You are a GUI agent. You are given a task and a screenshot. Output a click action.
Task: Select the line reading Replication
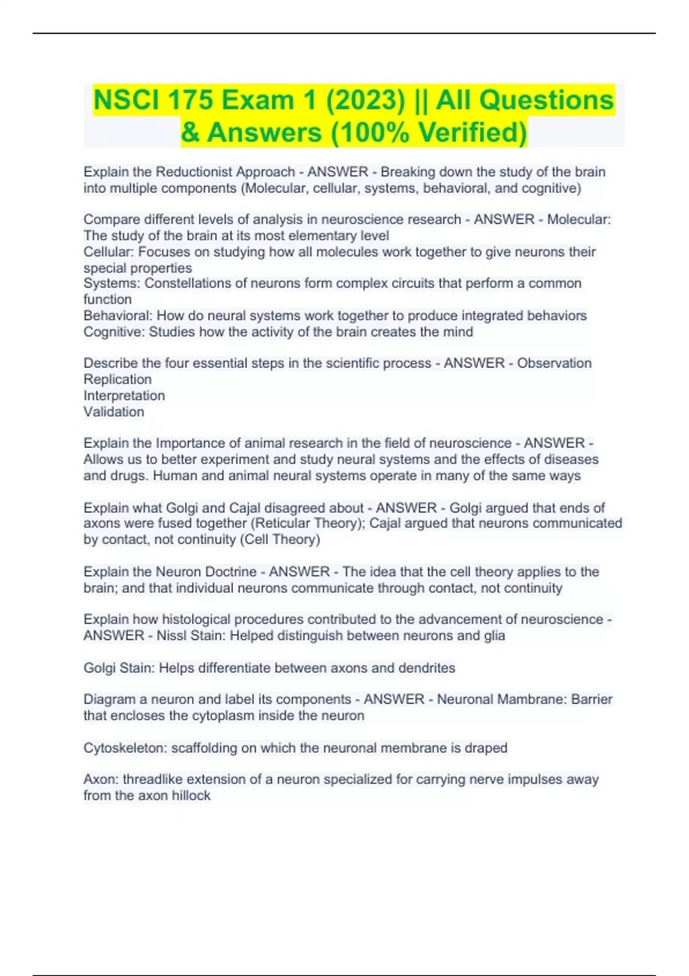[118, 379]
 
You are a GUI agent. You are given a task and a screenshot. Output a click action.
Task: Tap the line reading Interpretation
[124, 395]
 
